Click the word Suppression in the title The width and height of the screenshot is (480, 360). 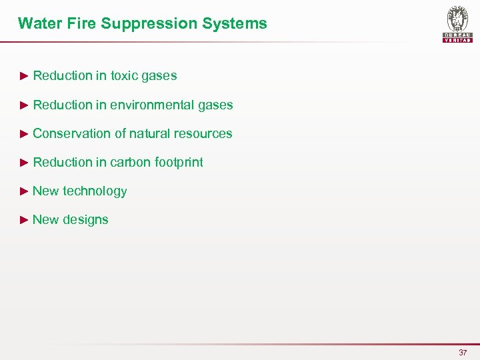(x=141, y=23)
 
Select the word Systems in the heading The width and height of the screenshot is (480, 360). (x=237, y=23)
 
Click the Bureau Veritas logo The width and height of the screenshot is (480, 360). (x=457, y=23)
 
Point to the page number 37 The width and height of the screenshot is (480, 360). (x=463, y=352)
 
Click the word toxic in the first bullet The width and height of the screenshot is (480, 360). (x=124, y=75)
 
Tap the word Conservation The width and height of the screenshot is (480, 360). (x=72, y=133)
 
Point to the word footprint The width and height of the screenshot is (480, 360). (x=179, y=162)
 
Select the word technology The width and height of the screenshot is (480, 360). (x=95, y=191)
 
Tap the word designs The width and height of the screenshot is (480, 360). (x=85, y=220)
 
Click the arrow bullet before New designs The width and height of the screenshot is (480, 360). (x=25, y=220)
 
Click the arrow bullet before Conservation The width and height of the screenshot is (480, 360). (x=25, y=133)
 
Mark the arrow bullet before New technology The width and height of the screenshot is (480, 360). (x=25, y=191)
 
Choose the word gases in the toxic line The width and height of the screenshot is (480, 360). (x=159, y=75)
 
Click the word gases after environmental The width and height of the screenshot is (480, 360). (x=215, y=105)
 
